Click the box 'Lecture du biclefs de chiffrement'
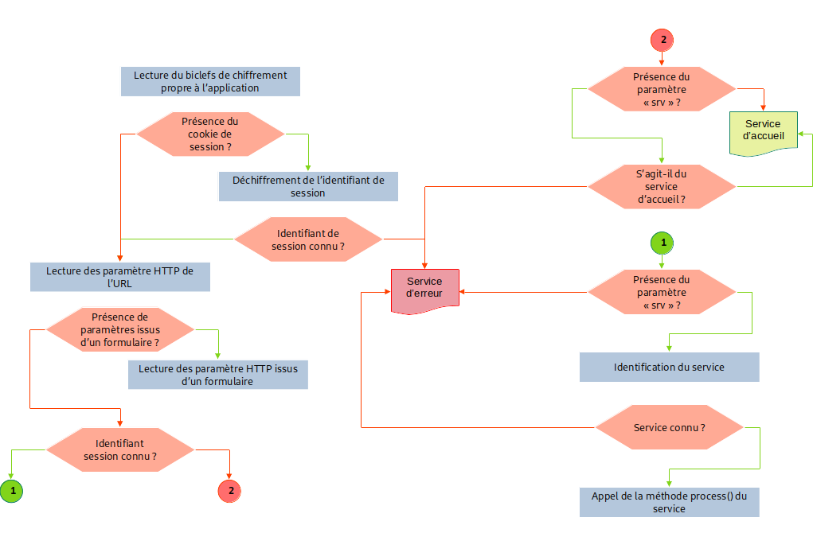tap(210, 81)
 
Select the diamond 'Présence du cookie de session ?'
tap(210, 134)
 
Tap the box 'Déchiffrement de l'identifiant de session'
tap(307, 186)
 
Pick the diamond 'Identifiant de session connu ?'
tap(308, 239)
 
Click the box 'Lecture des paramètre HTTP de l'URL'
tap(119, 277)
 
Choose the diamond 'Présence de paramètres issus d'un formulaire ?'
tap(120, 329)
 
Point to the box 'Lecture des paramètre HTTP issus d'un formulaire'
tap(217, 375)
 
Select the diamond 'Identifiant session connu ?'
tap(120, 450)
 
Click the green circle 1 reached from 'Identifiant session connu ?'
tap(12, 491)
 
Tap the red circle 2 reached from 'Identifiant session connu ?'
tap(230, 491)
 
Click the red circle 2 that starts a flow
tap(662, 39)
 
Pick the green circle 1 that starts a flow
tap(662, 242)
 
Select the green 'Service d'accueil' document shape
tap(763, 132)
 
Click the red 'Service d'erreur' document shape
tap(424, 290)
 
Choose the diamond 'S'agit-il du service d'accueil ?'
tap(662, 186)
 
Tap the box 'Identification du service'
tap(669, 367)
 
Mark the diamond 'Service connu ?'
tap(669, 427)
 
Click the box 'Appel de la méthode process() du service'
tap(669, 502)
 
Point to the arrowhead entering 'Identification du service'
tap(669, 348)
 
